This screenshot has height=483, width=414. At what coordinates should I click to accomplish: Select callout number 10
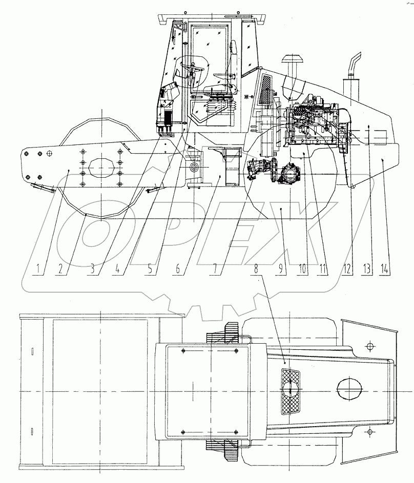point(303,267)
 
